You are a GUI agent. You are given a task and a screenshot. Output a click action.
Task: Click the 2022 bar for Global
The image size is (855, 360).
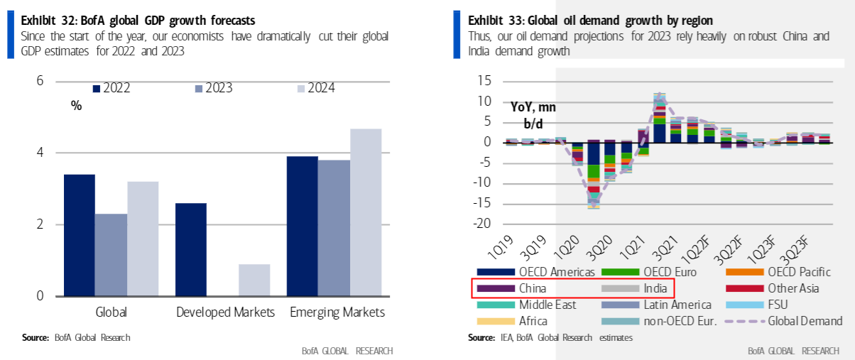click(x=79, y=235)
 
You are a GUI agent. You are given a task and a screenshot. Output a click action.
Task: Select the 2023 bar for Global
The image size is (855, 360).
click(x=111, y=255)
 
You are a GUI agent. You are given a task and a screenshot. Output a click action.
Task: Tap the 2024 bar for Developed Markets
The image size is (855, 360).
click(x=254, y=280)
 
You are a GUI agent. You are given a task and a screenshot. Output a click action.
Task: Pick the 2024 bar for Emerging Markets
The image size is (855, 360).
click(x=366, y=212)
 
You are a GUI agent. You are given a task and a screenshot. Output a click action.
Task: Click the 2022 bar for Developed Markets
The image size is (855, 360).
click(x=191, y=249)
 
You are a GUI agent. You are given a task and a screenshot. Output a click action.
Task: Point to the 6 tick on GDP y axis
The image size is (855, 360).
click(x=40, y=81)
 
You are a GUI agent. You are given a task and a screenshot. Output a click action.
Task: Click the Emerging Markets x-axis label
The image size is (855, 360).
click(x=337, y=312)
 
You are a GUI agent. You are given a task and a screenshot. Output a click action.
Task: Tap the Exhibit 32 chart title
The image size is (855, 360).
click(x=138, y=19)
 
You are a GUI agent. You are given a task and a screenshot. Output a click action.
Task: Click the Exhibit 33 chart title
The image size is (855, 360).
click(x=590, y=19)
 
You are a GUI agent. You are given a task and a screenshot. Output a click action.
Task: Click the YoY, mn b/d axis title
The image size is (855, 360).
click(x=533, y=116)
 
